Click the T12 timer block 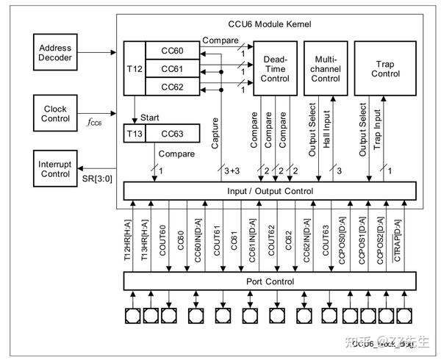coord(134,68)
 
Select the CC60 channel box coord(173,50)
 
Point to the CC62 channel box coord(173,87)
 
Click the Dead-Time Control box coord(275,68)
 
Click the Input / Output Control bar coord(269,191)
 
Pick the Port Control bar coord(269,281)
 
